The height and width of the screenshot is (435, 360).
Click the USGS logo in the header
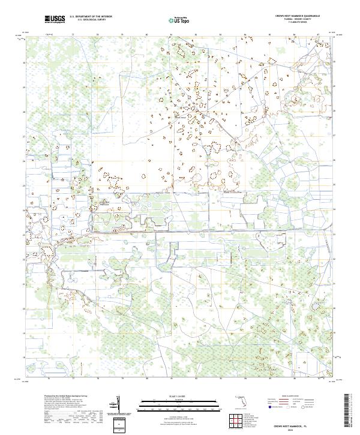click(x=55, y=20)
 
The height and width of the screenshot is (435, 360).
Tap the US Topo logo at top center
click(x=177, y=20)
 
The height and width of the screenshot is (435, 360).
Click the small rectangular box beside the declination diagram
click(x=121, y=424)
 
